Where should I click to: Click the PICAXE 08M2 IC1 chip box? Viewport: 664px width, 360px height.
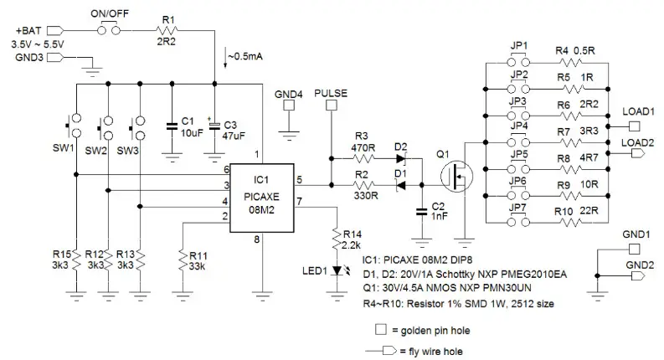260,196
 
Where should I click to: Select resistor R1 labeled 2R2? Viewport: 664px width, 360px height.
167,29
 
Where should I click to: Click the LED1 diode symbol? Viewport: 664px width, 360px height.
337,270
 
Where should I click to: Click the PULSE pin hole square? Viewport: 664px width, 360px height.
330,106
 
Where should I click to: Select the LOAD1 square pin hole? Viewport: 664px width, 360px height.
634,126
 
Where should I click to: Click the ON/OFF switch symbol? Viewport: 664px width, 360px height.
109,29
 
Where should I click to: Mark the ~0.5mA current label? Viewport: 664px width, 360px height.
245,57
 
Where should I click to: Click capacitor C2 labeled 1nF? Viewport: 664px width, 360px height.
419,212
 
